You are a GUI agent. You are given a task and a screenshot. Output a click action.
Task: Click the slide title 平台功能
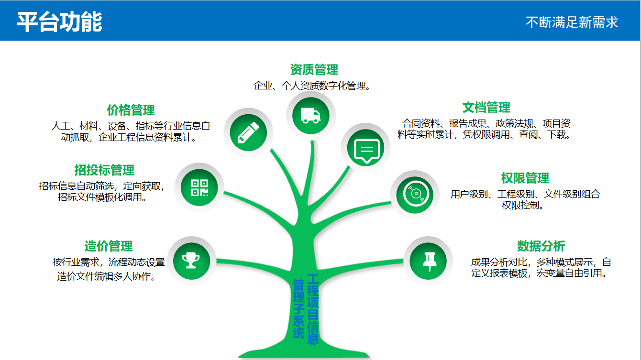[59, 22]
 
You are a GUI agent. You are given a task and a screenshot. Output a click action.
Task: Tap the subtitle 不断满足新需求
[572, 22]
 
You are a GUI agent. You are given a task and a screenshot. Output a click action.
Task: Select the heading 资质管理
[314, 69]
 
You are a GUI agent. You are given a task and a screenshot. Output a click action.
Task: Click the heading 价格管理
[131, 110]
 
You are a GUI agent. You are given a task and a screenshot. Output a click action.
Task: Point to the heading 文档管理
[486, 108]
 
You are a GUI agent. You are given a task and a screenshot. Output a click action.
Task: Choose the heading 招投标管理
[104, 170]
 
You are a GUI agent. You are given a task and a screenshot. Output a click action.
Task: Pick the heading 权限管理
[525, 178]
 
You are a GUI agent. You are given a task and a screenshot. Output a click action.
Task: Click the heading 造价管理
[109, 246]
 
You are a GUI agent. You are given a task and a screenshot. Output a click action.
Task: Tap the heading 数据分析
[541, 246]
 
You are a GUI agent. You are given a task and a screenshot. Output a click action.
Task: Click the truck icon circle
[311, 116]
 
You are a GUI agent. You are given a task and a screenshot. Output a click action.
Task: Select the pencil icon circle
[248, 132]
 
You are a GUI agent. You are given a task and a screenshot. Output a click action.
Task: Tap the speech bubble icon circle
[366, 148]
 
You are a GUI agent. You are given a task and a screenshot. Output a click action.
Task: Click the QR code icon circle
[199, 187]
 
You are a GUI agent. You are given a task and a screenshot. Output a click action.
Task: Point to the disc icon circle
[415, 195]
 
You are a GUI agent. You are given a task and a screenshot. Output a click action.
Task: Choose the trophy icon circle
[191, 261]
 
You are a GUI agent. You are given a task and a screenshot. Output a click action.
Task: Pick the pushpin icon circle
[428, 261]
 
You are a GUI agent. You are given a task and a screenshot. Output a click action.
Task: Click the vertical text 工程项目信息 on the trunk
[313, 309]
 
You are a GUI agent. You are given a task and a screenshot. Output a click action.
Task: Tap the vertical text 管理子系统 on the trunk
[298, 309]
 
